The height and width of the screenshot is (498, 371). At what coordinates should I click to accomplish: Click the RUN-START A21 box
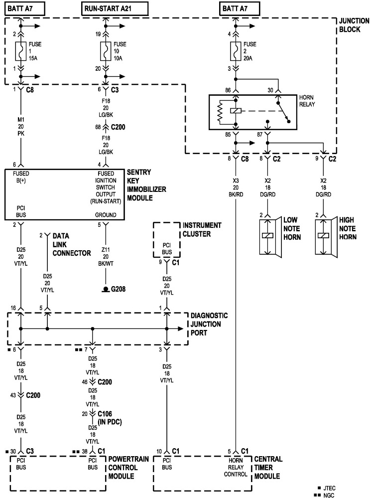click(x=115, y=9)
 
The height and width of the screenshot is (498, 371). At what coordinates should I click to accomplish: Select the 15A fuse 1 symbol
click(x=20, y=51)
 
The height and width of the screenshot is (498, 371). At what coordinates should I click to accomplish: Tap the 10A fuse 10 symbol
click(x=106, y=51)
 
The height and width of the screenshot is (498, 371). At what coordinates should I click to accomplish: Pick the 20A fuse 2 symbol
click(x=236, y=51)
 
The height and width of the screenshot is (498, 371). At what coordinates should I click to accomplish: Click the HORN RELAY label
click(x=307, y=101)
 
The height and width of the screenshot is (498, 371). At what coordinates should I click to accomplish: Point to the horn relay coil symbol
click(x=236, y=111)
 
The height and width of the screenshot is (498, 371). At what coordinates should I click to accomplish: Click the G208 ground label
click(x=118, y=289)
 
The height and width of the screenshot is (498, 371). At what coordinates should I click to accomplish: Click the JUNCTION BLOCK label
click(x=354, y=25)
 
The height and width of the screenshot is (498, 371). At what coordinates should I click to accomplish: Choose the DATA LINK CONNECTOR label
click(x=72, y=245)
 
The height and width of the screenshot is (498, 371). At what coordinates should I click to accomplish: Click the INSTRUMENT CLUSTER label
click(x=202, y=230)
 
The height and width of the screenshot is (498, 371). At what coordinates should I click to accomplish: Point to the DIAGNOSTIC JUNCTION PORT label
click(x=209, y=324)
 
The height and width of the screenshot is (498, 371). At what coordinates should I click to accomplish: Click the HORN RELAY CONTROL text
click(x=236, y=467)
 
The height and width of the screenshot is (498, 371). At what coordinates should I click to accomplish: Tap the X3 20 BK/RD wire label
click(x=236, y=187)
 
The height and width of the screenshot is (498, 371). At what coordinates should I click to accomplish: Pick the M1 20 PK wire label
click(x=20, y=127)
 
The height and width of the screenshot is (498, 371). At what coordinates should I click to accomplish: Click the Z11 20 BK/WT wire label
click(x=106, y=257)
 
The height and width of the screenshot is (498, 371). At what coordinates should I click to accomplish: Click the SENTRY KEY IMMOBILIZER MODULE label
click(x=146, y=185)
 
